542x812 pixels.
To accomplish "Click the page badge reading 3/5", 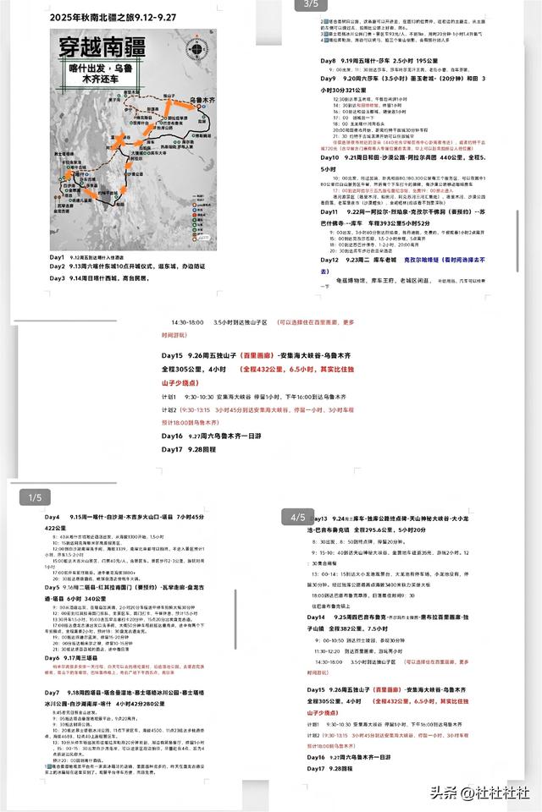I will coord(305,5).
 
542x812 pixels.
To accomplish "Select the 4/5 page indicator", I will coord(298,516).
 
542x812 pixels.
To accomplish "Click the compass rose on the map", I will coord(199,50).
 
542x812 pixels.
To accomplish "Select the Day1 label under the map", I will coord(57,256).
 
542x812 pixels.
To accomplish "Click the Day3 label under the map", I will coord(57,277).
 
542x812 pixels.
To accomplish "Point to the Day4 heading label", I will coord(53,517).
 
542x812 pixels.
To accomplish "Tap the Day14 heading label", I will coord(318,618).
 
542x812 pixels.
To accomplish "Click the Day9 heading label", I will coord(329,78).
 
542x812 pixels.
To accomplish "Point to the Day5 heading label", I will coord(53,585).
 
